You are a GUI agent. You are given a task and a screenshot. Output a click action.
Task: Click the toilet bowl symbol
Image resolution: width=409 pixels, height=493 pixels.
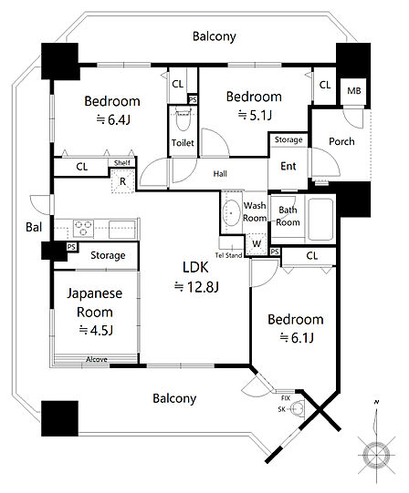(x=183, y=120)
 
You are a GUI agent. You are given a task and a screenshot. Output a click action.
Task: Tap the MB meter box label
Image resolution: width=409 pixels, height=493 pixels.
(x=354, y=91)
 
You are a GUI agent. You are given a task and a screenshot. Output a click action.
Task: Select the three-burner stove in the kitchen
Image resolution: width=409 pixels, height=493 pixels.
(x=83, y=228)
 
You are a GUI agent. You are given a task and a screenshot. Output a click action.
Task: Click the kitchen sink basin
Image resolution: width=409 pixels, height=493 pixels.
(x=122, y=230)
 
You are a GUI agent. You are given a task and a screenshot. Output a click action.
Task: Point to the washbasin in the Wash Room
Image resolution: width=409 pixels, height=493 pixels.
(x=231, y=213)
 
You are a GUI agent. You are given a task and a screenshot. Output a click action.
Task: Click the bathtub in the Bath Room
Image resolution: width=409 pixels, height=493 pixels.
(x=320, y=219)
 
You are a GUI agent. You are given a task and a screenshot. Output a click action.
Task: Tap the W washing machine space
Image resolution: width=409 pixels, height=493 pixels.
(x=257, y=244)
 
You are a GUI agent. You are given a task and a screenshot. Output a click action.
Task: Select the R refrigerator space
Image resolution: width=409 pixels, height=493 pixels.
(x=123, y=180)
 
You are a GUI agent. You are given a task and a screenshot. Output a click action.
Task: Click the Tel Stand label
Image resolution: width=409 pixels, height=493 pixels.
(x=229, y=255)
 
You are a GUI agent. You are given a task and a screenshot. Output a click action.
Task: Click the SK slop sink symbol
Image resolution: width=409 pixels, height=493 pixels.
(x=297, y=409)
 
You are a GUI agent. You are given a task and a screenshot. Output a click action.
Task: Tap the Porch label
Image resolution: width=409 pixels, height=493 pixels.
(x=341, y=141)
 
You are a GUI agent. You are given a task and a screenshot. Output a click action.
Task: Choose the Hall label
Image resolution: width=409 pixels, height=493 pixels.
(x=220, y=173)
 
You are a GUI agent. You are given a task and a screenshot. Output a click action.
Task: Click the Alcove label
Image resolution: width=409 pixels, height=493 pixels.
(x=97, y=359)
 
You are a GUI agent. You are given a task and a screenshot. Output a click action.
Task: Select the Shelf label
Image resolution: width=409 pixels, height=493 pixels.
(x=122, y=162)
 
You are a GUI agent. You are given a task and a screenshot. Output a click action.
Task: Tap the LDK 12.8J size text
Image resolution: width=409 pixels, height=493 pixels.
(x=196, y=287)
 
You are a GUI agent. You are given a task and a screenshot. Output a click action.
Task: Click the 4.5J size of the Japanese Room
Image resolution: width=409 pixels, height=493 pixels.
(x=96, y=330)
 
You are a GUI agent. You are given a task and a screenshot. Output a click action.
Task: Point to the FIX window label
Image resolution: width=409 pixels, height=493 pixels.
(x=286, y=398)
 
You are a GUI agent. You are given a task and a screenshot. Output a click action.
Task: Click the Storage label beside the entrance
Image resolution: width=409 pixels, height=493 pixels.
(x=288, y=139)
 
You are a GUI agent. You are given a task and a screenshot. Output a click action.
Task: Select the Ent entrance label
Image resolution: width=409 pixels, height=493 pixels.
(x=288, y=166)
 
